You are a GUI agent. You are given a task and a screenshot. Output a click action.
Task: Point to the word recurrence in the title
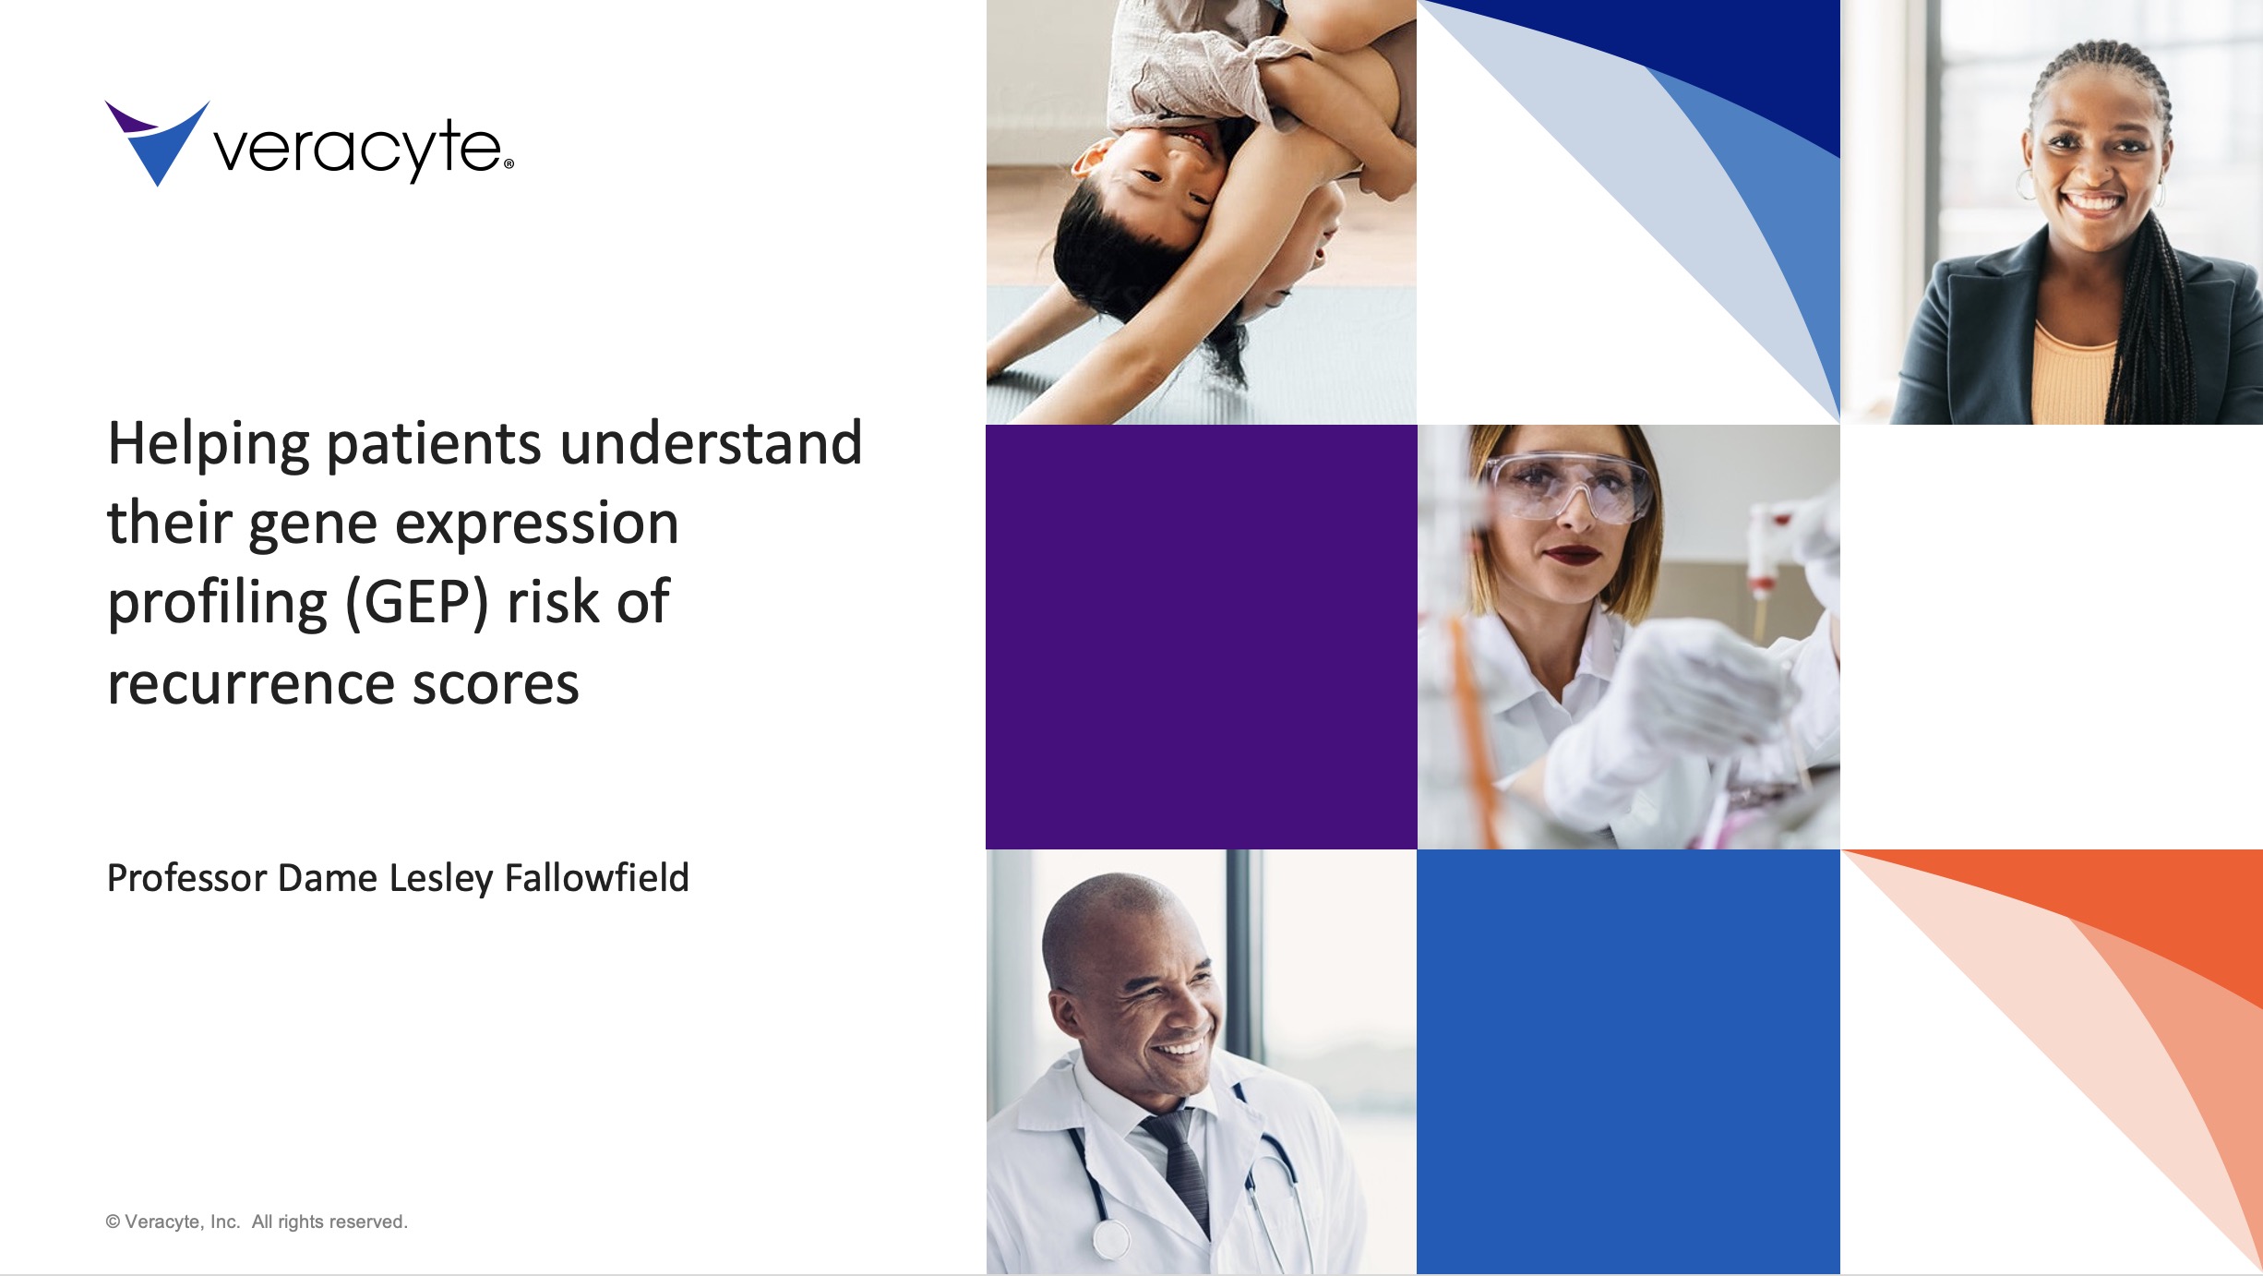point(250,684)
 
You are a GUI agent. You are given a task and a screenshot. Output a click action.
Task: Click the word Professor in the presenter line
point(186,878)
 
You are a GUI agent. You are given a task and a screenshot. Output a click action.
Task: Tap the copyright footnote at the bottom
point(257,1222)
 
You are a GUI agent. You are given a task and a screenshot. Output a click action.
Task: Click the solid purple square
point(1201,637)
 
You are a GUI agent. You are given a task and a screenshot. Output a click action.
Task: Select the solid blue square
point(1628,1062)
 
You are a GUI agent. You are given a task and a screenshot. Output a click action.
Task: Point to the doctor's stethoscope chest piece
point(1111,1240)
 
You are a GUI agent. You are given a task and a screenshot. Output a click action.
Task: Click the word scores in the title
point(496,684)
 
